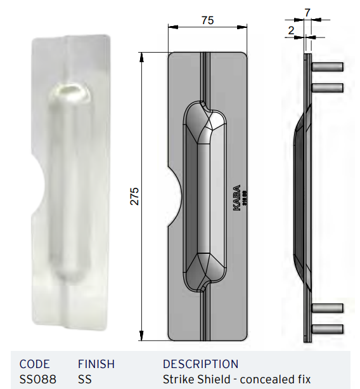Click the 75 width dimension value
click(207, 20)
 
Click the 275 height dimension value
click(134, 197)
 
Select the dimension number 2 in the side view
click(290, 30)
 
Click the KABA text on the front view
click(236, 198)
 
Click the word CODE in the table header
click(35, 364)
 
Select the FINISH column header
click(96, 364)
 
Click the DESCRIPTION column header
click(200, 364)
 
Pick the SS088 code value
click(37, 379)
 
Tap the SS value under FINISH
click(85, 379)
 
